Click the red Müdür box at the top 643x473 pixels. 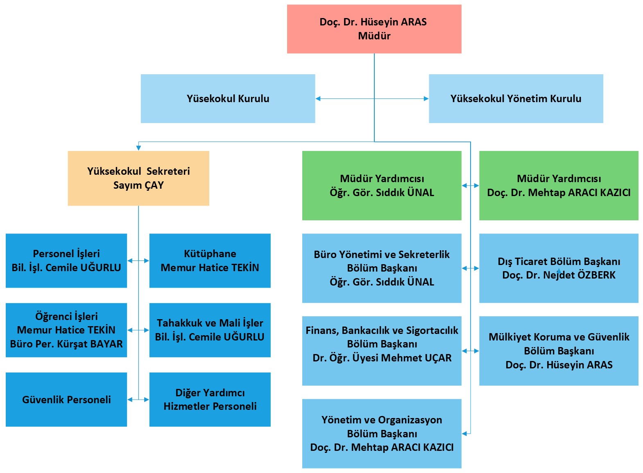pos(374,29)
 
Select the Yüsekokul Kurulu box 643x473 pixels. pos(228,98)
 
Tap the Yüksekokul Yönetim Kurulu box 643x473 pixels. pos(516,98)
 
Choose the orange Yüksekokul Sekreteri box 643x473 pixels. pos(138,178)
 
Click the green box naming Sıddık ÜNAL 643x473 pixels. pos(382,185)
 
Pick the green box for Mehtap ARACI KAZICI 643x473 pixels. pos(559,185)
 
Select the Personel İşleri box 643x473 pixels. pos(66,260)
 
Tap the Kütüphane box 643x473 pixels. pos(210,260)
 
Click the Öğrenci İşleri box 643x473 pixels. pos(66,330)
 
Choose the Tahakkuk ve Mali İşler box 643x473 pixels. pos(210,330)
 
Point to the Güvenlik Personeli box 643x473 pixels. pos(66,400)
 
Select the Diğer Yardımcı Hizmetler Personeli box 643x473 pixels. pos(210,400)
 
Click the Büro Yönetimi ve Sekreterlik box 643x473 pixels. pos(382,268)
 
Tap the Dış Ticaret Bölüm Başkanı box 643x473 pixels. pos(559,268)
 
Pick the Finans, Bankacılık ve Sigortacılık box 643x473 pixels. pos(382,351)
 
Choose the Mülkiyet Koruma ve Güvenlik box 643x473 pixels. pos(559,351)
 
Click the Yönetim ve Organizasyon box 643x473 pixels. pos(382,434)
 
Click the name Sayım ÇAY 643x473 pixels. pos(138,185)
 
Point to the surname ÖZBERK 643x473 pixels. pos(596,275)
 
